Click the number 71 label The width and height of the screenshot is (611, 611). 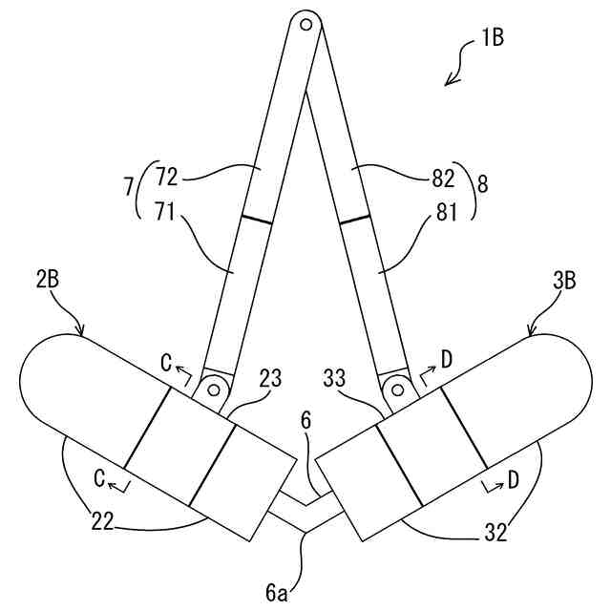168,213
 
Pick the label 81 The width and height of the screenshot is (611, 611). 442,213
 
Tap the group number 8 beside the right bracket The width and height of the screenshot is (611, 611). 482,184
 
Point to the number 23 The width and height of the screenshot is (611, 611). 270,378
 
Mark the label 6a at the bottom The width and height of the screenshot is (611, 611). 277,593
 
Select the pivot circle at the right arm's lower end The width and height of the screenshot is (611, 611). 393,386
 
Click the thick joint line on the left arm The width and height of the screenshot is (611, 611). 255,220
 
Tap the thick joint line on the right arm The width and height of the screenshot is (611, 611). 354,220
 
